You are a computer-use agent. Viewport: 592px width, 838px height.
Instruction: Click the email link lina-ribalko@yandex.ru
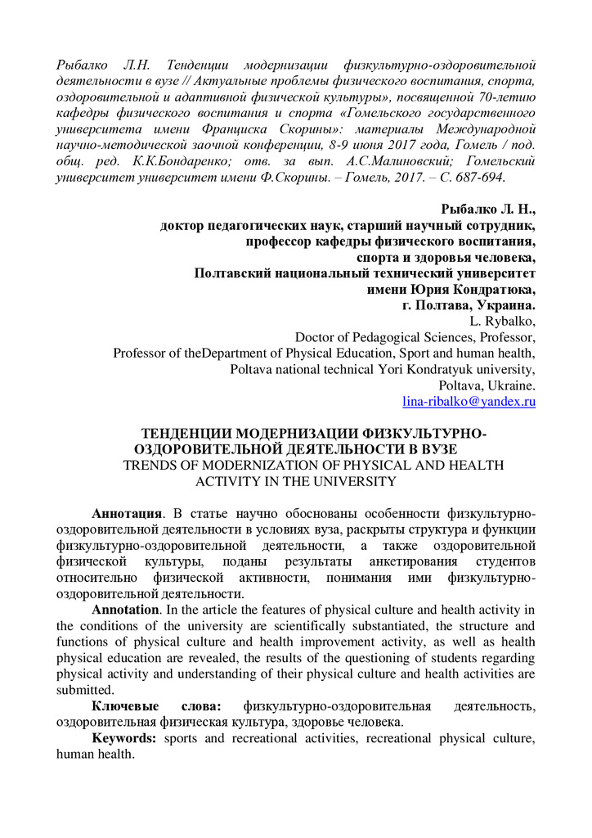(469, 402)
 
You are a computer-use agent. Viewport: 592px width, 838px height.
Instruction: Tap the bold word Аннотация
(127, 514)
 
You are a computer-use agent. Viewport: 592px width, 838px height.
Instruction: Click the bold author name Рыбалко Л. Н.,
(488, 209)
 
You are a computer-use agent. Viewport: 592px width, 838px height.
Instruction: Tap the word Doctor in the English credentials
(317, 337)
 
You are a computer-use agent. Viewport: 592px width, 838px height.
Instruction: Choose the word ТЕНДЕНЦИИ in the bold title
(182, 433)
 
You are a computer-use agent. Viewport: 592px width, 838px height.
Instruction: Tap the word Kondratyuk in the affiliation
(439, 369)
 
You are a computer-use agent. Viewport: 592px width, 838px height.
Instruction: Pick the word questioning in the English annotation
(337, 658)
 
